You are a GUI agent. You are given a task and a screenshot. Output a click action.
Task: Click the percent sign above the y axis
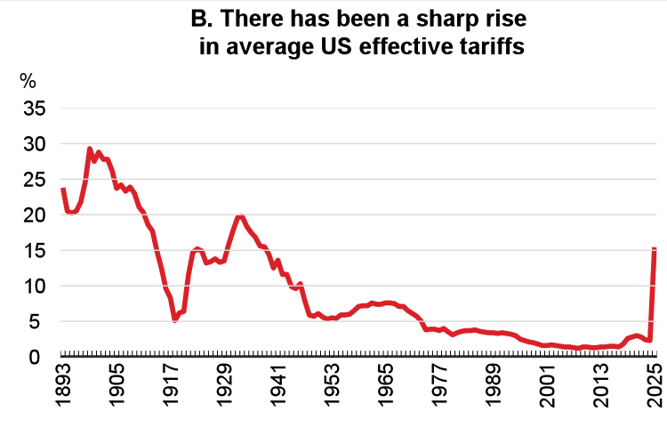tap(28, 81)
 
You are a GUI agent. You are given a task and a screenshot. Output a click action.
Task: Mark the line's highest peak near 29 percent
tap(90, 149)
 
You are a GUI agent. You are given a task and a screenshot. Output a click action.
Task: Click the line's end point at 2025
tap(655, 248)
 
